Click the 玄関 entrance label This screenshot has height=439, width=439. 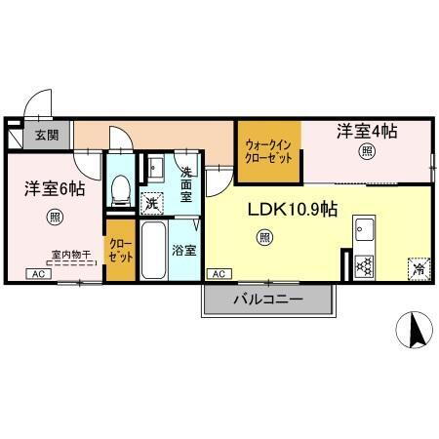click(46, 136)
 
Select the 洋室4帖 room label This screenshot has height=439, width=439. click(368, 129)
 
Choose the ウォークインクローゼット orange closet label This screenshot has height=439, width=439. click(268, 149)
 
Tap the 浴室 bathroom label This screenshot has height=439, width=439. click(183, 250)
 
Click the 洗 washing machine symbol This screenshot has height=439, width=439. click(152, 203)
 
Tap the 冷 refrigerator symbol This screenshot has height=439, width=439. click(418, 266)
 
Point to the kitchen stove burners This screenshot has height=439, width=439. click(365, 264)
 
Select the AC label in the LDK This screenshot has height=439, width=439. click(218, 274)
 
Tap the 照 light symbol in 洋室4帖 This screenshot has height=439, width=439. click(367, 150)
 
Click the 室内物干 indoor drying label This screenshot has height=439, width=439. click(70, 255)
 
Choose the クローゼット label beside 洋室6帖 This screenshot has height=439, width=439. click(120, 251)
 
